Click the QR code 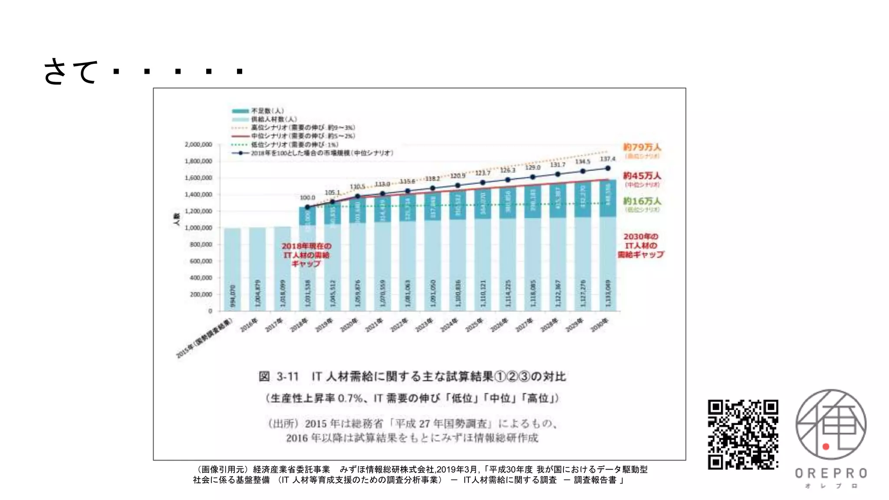[743, 434]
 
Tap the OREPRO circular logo [831, 424]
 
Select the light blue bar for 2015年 [232, 270]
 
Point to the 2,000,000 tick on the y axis [198, 145]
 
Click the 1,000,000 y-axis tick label [198, 228]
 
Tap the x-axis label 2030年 [600, 325]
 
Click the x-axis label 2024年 [449, 325]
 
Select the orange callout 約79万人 [642, 147]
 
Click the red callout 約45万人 [642, 176]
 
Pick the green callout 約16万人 [642, 201]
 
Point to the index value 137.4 [607, 159]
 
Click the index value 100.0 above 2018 [307, 197]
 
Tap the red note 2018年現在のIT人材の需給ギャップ [306, 255]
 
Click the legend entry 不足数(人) [267, 111]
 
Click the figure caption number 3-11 [287, 376]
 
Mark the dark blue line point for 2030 [608, 168]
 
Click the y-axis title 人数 [176, 219]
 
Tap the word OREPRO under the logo [831, 473]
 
